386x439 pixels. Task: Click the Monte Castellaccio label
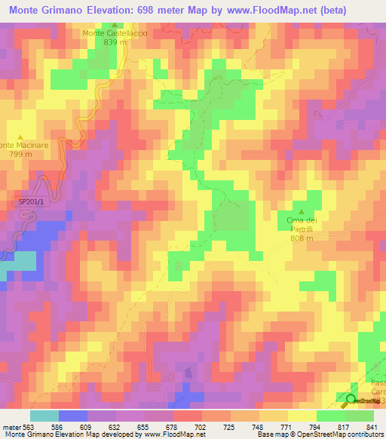click(114, 33)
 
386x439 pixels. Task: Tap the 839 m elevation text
click(114, 42)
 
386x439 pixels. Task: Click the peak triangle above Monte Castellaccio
click(114, 24)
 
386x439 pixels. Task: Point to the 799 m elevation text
click(20, 154)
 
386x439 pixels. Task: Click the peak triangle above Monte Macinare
click(20, 136)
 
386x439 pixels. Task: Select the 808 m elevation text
click(302, 238)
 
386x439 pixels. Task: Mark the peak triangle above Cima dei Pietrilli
click(302, 210)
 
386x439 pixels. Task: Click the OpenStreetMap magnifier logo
click(351, 398)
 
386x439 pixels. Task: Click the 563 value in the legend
click(29, 426)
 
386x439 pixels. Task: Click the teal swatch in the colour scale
click(44, 416)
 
